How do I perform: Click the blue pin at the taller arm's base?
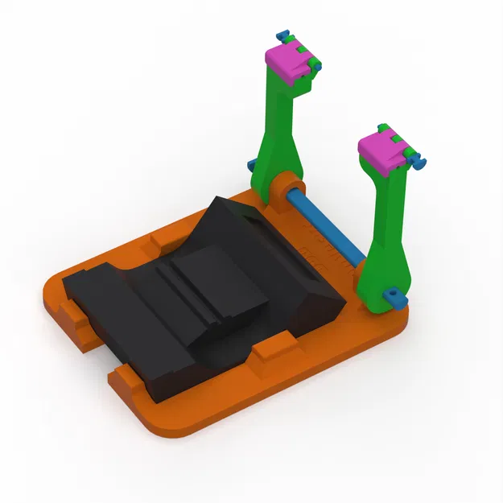tap(252, 166)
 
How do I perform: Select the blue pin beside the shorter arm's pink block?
tap(418, 162)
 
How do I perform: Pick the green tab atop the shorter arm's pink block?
tap(385, 129)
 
